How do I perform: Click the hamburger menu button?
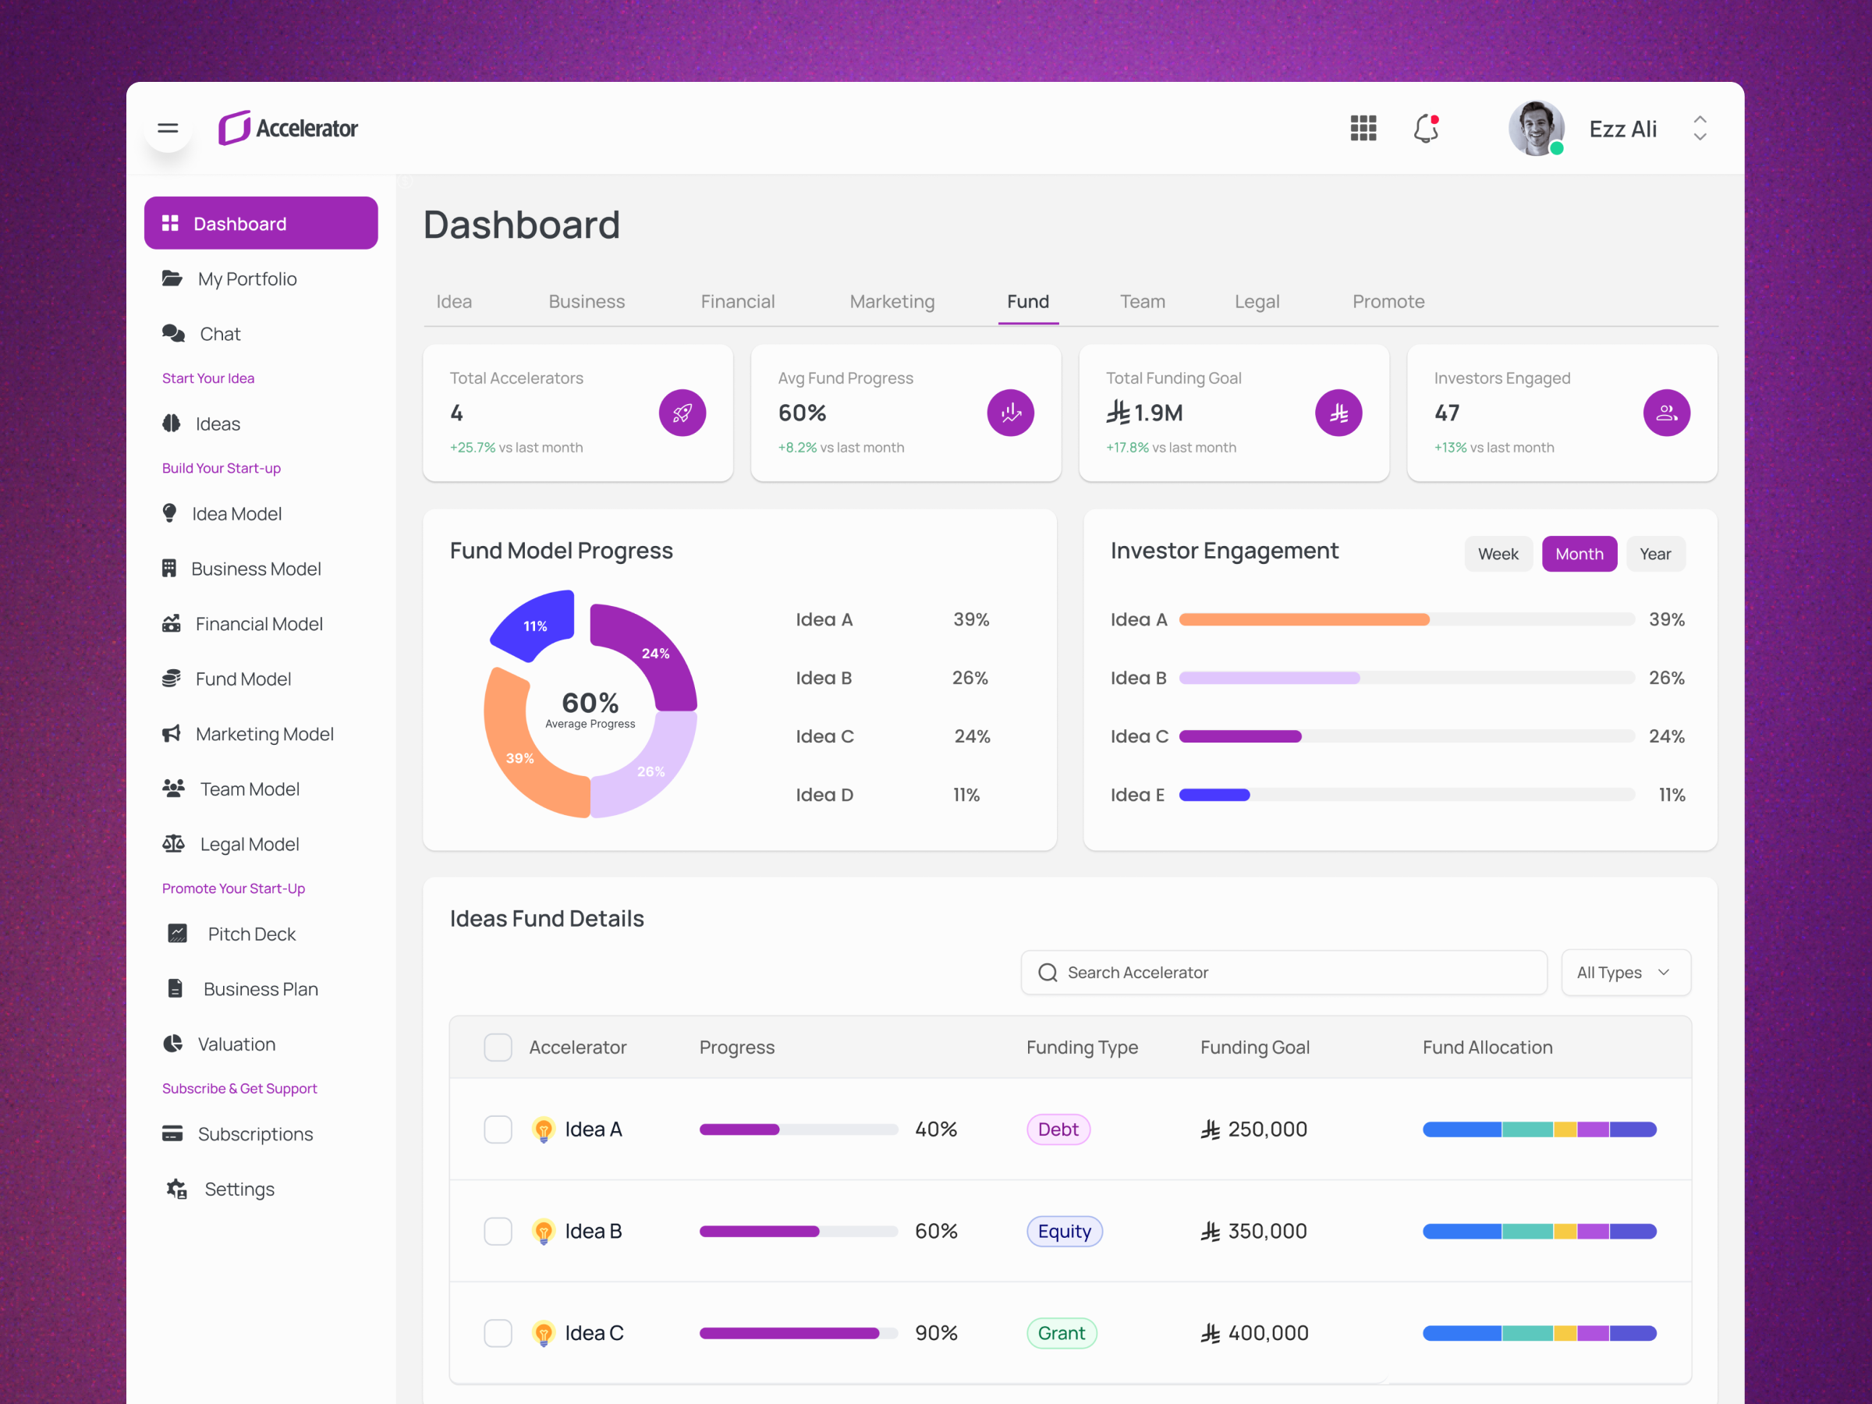tap(168, 129)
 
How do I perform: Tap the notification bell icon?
tap(1426, 129)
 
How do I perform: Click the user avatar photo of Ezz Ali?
tap(1535, 129)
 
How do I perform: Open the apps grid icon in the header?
tap(1363, 129)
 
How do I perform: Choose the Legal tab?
tap(1256, 302)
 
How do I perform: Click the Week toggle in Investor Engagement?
tap(1497, 555)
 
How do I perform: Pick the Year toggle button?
tap(1654, 555)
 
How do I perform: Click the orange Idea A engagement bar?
tap(1303, 619)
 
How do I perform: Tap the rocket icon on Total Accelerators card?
tap(682, 413)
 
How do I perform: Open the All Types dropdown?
tap(1624, 973)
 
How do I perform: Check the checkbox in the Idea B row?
tap(498, 1232)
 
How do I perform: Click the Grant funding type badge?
tap(1062, 1333)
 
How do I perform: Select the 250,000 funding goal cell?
tap(1254, 1129)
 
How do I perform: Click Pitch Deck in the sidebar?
tap(251, 934)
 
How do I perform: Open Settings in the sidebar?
tap(239, 1189)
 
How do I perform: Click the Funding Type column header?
tap(1082, 1048)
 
